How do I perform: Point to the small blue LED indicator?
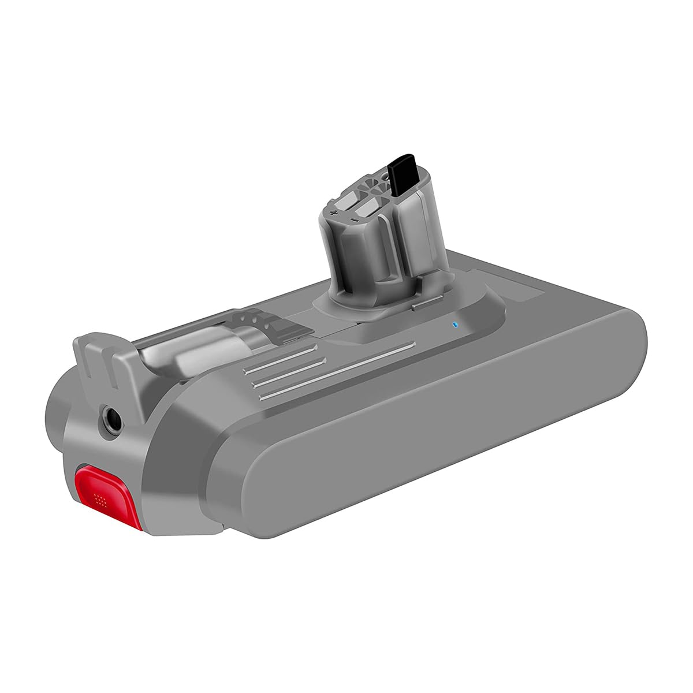click(454, 324)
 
